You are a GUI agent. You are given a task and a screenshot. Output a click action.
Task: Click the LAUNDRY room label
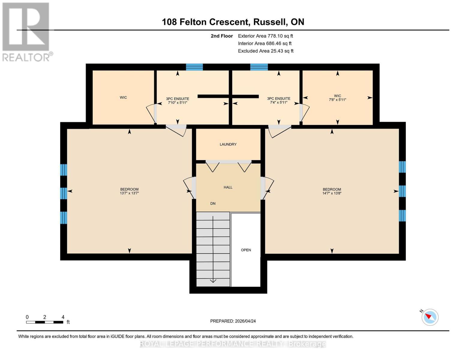click(228, 144)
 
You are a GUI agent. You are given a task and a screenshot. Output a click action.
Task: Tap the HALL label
click(228, 187)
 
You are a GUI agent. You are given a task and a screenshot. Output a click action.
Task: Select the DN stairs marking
click(213, 203)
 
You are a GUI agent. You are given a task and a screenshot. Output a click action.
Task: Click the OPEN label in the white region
click(246, 250)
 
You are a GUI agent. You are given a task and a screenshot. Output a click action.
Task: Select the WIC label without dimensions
click(123, 97)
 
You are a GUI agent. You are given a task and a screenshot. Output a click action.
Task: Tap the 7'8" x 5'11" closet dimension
click(338, 100)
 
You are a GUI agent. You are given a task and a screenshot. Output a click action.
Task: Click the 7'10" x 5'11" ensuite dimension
click(178, 103)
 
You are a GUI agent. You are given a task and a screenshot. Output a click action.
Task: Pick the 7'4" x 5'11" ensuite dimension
click(279, 103)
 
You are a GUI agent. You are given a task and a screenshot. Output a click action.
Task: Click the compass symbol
click(430, 317)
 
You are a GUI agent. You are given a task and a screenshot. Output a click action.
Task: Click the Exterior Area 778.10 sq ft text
click(265, 36)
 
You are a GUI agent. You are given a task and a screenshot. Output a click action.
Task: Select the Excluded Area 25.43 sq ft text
click(266, 51)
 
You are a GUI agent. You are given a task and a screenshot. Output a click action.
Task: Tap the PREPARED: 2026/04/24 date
click(233, 321)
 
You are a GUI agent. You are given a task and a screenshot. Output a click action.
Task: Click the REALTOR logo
click(26, 31)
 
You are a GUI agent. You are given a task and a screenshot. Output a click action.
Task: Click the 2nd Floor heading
click(222, 36)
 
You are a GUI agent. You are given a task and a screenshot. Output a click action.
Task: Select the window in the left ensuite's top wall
click(194, 67)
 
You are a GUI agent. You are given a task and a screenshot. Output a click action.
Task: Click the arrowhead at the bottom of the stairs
click(213, 281)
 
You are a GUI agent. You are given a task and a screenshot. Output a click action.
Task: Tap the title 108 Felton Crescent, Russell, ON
click(233, 22)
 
